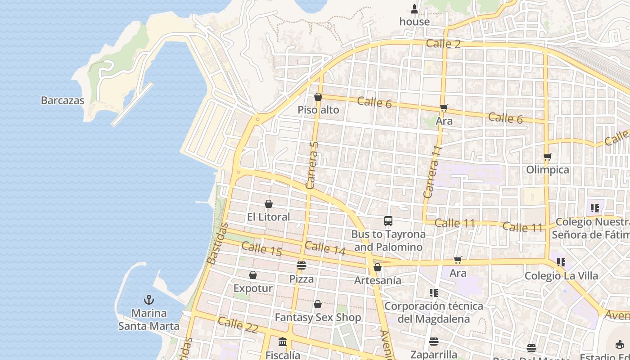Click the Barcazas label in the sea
point(63,100)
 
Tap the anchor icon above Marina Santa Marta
point(149,300)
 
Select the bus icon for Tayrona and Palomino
point(388,221)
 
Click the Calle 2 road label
point(443,44)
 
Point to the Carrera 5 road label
point(312,165)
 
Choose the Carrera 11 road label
point(431,171)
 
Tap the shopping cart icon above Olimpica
point(548,157)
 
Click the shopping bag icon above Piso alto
point(318,97)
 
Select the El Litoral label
point(269,217)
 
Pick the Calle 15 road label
point(261,249)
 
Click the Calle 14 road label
point(325,248)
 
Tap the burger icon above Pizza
point(301,265)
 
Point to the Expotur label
point(253,288)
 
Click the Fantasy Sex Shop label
point(318,317)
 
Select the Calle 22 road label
point(238,324)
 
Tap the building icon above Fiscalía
point(283,342)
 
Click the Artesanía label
point(378,280)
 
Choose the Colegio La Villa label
point(561,276)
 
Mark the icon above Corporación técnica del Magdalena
point(433,293)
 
